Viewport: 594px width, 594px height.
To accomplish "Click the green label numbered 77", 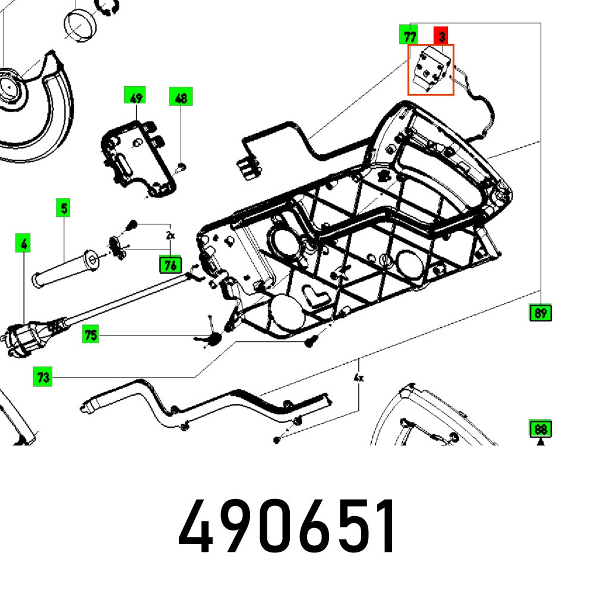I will pos(409,36).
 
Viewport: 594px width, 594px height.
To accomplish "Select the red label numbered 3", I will pos(442,36).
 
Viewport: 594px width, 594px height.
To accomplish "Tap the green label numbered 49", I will pos(136,97).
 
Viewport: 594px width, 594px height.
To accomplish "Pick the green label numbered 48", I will pos(181,97).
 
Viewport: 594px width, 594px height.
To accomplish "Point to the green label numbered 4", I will pos(23,243).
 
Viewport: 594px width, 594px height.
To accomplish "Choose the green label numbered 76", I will pos(170,265).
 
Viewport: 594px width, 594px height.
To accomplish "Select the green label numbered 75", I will pos(90,335).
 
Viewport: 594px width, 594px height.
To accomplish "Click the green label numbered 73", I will pos(43,377).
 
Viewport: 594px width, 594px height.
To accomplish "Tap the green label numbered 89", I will pos(540,312).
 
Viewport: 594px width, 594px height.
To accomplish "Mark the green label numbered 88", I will pos(540,428).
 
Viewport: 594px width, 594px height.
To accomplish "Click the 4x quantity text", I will pos(358,377).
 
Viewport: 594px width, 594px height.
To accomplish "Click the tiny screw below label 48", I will pos(181,166).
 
